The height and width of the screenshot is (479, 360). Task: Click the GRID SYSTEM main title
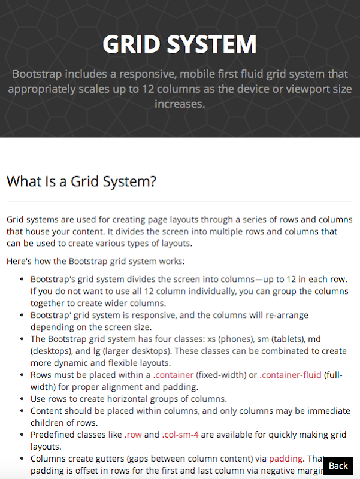pos(180,44)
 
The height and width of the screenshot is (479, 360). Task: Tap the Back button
pos(338,465)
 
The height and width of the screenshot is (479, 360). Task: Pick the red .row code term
pos(134,435)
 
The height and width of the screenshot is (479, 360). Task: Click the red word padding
pos(286,459)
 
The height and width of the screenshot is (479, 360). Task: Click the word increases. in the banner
pos(180,104)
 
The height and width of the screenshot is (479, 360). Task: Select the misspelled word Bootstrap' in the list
pos(50,315)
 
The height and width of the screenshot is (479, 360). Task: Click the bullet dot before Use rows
pos(22,399)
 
